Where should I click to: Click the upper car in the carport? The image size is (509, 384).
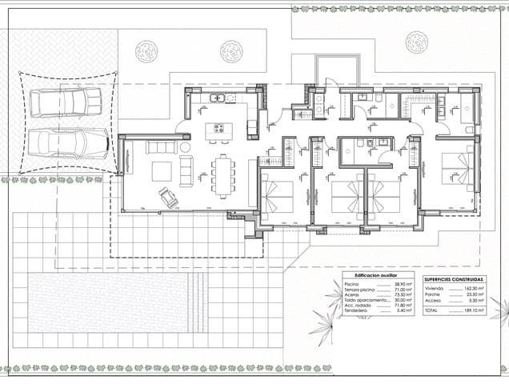point(66,102)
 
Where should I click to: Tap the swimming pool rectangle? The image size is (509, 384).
point(117,302)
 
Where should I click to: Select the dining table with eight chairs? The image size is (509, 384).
point(223,175)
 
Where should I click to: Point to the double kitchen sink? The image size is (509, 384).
point(218,98)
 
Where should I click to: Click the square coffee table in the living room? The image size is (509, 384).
point(162,171)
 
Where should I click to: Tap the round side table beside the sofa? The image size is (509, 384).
point(186,147)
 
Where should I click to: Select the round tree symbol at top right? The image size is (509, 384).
point(416,42)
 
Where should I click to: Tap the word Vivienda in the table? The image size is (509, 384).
point(435,287)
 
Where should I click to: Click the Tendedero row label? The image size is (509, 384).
point(356,310)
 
